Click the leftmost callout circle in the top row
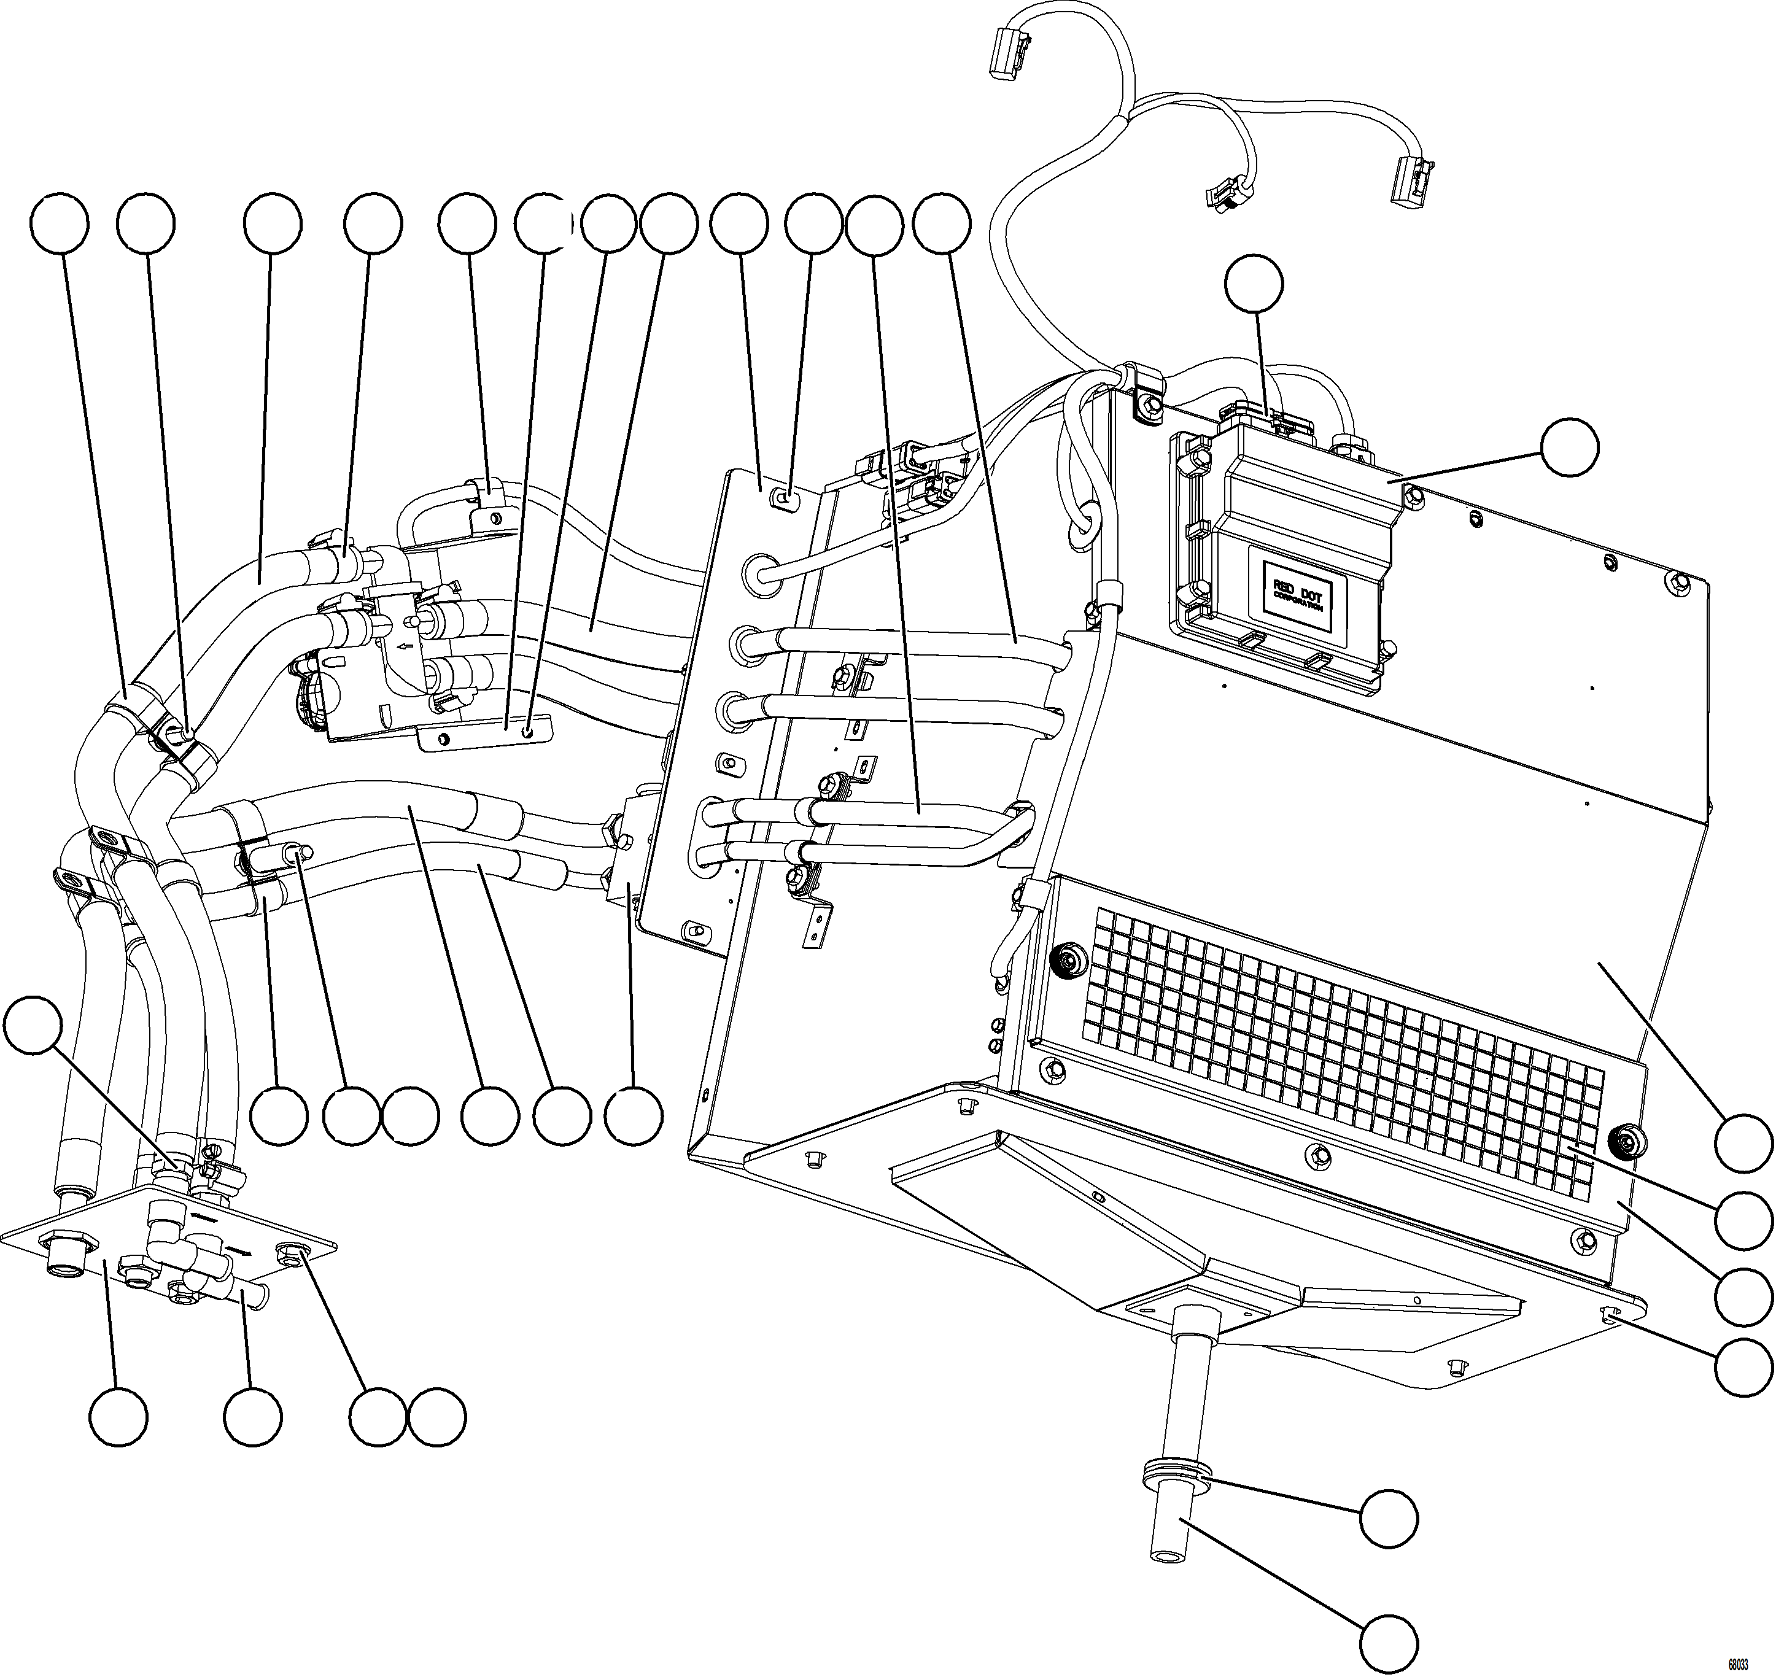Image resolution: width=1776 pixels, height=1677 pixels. click(x=59, y=223)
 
